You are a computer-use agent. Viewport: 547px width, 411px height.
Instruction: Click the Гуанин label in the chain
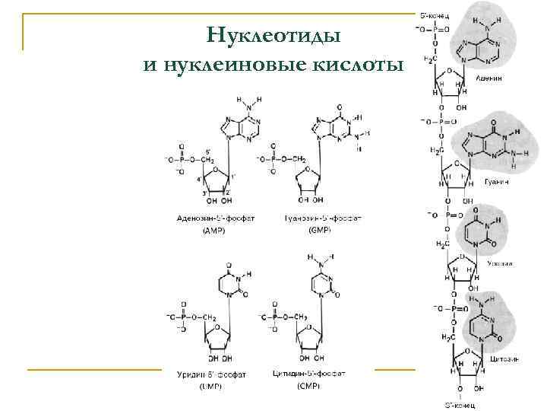(x=498, y=183)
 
